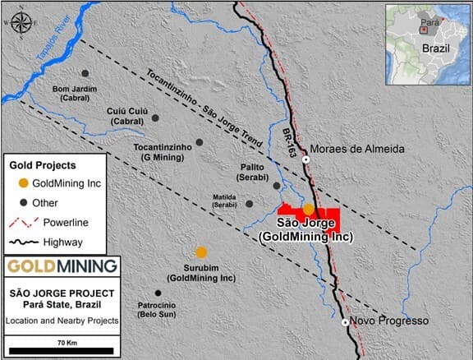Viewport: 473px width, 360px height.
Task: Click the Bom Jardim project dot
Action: point(85,73)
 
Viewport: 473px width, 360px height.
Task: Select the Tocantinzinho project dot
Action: point(199,142)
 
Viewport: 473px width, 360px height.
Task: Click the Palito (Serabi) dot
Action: point(277,186)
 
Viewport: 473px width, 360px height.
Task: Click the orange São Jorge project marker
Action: point(309,209)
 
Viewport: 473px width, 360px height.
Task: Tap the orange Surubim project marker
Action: point(201,252)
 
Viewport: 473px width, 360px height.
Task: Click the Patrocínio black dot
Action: point(158,293)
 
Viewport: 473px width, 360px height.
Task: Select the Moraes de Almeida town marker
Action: point(305,159)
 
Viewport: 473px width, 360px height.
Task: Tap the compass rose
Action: point(22,22)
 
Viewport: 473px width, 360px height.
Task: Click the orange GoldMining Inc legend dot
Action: point(25,182)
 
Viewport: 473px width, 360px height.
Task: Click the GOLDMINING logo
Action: point(61,266)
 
